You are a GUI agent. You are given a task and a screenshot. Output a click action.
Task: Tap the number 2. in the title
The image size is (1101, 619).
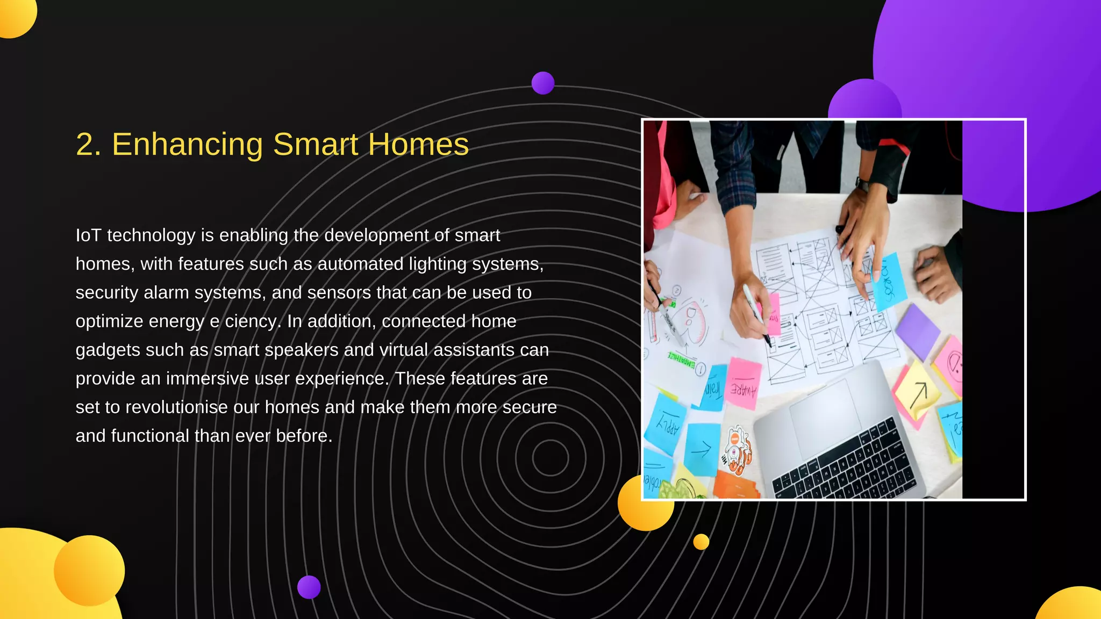89,145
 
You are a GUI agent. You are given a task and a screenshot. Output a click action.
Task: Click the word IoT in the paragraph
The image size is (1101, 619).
89,235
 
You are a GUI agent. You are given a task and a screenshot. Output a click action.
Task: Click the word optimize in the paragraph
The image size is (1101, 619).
109,321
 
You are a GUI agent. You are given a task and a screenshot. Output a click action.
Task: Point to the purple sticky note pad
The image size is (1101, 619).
917,330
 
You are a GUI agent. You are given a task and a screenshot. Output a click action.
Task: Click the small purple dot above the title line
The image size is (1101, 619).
543,83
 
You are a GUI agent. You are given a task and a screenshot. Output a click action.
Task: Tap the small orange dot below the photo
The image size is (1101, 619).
701,542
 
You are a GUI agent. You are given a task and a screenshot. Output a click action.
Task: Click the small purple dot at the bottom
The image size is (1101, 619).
309,587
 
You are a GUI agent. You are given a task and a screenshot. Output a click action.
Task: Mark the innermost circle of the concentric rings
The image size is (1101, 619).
550,458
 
